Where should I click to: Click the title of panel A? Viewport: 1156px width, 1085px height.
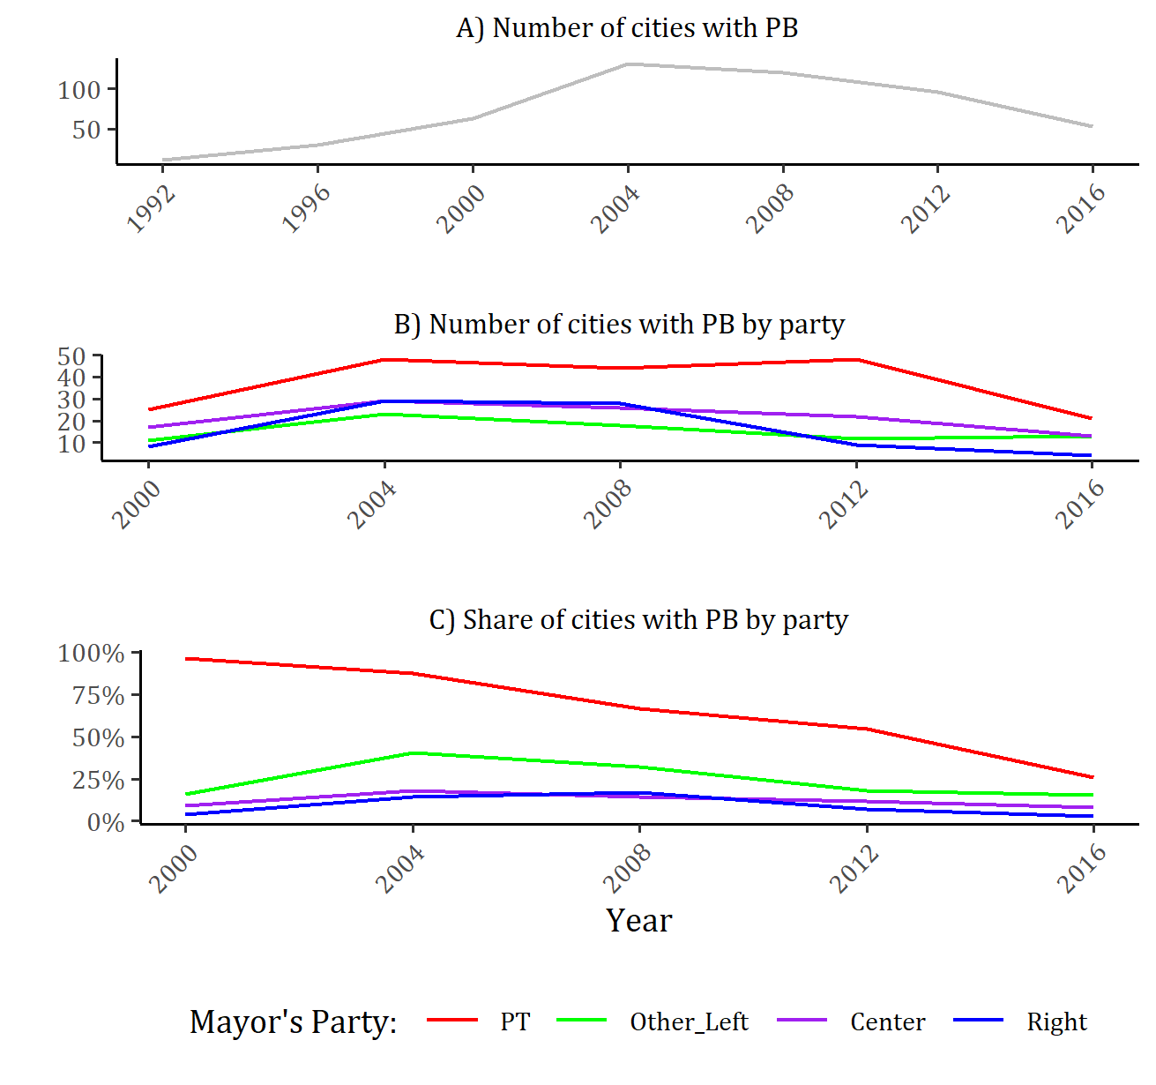[x=627, y=28]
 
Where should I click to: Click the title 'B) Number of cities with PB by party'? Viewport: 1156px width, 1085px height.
[x=619, y=325]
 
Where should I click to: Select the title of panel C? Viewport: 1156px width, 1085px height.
[x=638, y=620]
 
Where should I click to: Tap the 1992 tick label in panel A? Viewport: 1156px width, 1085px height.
[x=152, y=209]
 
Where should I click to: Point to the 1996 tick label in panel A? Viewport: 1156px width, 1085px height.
[x=306, y=209]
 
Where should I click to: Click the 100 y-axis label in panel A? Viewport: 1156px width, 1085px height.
[x=79, y=90]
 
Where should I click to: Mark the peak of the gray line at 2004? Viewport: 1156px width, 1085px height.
[x=628, y=64]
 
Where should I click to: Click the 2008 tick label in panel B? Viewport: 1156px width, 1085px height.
[x=608, y=504]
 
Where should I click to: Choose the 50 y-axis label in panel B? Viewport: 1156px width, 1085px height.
[x=71, y=356]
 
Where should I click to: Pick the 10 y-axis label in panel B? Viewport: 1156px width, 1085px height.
[x=71, y=444]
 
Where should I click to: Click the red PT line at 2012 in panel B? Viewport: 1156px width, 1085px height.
[x=856, y=360]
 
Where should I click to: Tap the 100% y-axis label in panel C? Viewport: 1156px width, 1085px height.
[x=92, y=654]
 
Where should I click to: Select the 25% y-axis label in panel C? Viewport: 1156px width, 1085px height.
[x=98, y=780]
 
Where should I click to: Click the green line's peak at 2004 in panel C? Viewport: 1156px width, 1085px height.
[x=413, y=753]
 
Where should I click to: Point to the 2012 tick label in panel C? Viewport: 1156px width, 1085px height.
[x=854, y=868]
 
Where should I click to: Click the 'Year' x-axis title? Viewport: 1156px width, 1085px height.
[x=638, y=920]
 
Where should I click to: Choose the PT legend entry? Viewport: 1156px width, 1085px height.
[x=515, y=1021]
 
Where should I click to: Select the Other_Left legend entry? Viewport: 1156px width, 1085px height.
[x=689, y=1021]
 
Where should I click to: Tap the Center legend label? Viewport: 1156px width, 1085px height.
[x=887, y=1021]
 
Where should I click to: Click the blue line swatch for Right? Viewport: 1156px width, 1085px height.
[x=979, y=1021]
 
